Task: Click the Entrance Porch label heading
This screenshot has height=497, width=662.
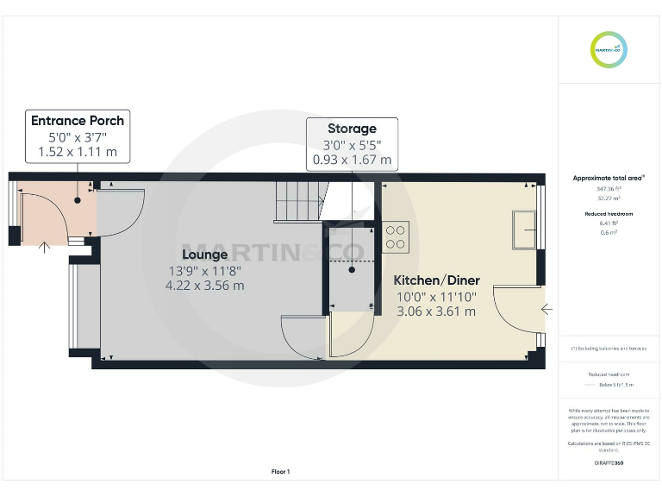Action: click(78, 121)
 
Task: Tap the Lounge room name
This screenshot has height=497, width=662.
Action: click(205, 255)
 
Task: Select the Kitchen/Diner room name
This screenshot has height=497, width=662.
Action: click(436, 280)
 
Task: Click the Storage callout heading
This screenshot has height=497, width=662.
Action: click(352, 129)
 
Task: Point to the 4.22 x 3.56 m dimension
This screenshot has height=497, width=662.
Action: click(205, 286)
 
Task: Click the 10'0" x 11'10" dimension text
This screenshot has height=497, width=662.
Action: click(436, 296)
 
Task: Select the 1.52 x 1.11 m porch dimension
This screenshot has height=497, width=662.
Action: click(78, 153)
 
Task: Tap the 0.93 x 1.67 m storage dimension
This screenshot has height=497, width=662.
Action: click(352, 160)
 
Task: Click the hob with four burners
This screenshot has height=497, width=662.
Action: click(397, 237)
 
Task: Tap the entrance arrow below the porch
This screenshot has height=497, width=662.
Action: click(45, 249)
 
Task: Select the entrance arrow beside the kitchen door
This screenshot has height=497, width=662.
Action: click(546, 308)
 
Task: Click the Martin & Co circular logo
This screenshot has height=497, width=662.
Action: click(609, 48)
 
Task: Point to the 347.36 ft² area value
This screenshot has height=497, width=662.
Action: click(609, 188)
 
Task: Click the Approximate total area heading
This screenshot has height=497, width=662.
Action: click(609, 178)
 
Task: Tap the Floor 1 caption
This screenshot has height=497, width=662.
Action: click(281, 472)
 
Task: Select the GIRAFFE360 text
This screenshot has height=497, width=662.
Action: click(609, 463)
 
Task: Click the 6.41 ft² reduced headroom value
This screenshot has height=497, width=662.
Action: click(609, 222)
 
